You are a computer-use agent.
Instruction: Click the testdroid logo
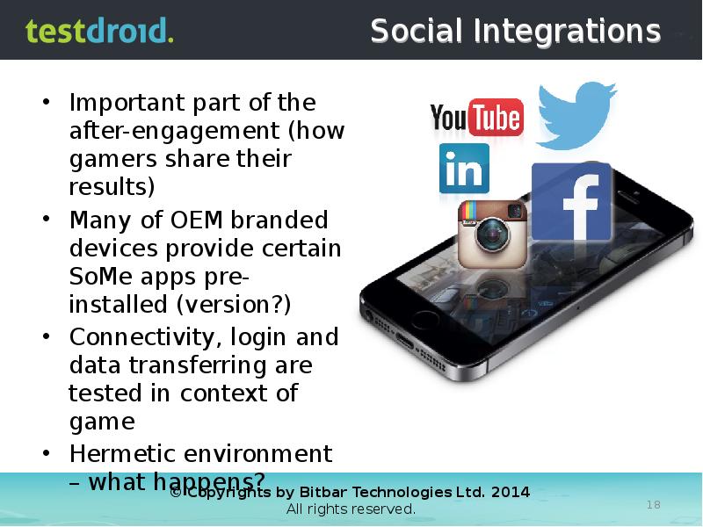tap(99, 31)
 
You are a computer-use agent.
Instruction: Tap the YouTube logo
tap(476, 118)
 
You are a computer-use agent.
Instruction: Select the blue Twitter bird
tap(576, 114)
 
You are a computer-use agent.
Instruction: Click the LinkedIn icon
tap(464, 169)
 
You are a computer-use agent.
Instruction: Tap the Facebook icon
tap(571, 202)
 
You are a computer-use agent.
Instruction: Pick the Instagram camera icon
tap(492, 234)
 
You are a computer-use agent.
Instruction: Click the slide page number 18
tap(653, 504)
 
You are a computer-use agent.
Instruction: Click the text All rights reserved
tap(351, 509)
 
